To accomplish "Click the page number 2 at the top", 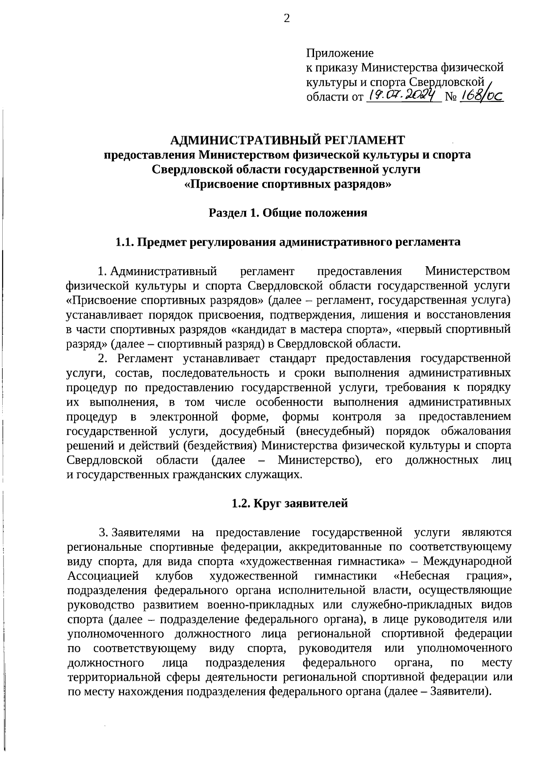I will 287,18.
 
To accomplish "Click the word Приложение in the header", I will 339,53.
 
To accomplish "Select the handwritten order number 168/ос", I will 482,95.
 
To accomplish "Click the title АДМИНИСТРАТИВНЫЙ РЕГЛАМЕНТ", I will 288,140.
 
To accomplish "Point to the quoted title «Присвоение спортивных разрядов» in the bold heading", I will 288,184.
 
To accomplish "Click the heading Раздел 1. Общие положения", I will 288,213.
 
